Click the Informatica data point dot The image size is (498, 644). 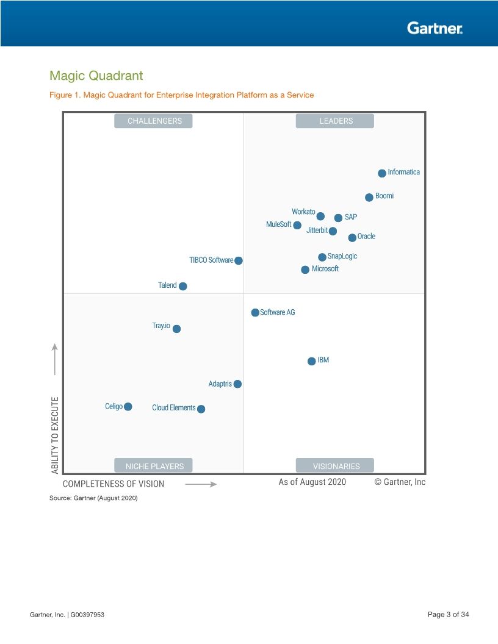[x=382, y=173]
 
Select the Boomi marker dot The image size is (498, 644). [x=369, y=197]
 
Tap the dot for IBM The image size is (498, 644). [x=312, y=361]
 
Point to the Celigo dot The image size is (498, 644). [x=128, y=407]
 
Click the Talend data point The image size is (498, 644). [x=183, y=286]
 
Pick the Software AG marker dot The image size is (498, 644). [x=255, y=312]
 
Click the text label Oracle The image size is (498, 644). [x=366, y=237]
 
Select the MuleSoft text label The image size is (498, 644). [x=278, y=224]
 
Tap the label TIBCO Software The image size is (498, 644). [x=211, y=260]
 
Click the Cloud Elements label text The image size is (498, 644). [x=174, y=408]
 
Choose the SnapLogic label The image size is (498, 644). [x=342, y=256]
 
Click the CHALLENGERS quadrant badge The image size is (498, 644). [x=154, y=121]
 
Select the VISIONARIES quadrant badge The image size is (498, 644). [x=336, y=466]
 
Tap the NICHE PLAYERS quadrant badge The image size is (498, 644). [x=154, y=466]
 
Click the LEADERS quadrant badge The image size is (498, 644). [x=336, y=121]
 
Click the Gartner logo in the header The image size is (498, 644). [x=435, y=27]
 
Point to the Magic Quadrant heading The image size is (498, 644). [x=96, y=76]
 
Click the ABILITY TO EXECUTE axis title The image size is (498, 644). [x=56, y=435]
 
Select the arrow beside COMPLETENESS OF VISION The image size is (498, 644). [x=201, y=484]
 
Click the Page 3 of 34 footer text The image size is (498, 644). [x=449, y=614]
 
